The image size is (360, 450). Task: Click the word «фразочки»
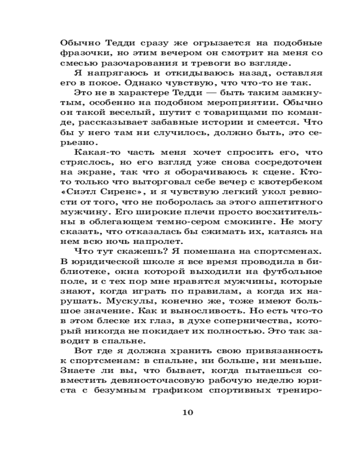pyautogui.click(x=81, y=55)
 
